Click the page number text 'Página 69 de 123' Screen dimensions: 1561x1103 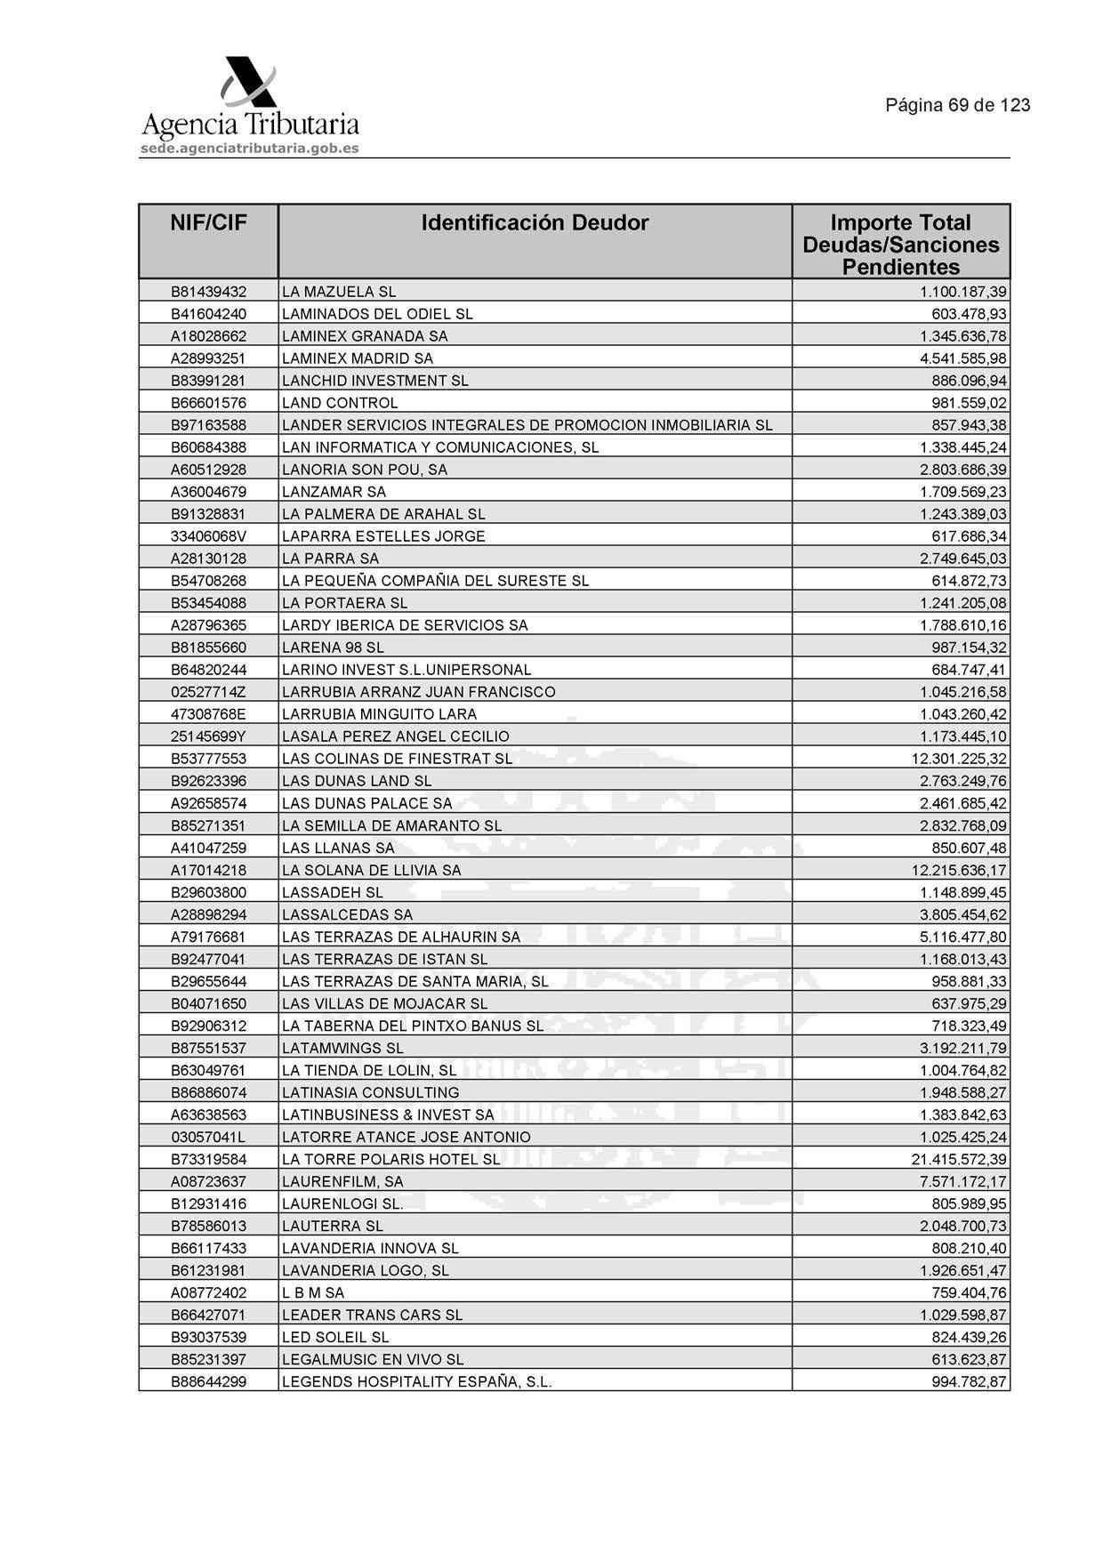[957, 105]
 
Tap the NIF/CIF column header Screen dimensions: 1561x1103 [208, 222]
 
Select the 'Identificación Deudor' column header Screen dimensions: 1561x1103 [535, 222]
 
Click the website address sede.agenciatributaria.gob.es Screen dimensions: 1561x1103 [249, 149]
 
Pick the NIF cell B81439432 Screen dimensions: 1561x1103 [208, 292]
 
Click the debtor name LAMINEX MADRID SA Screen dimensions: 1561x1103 [358, 358]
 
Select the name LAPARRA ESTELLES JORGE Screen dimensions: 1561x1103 [383, 536]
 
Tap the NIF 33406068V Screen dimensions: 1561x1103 [208, 536]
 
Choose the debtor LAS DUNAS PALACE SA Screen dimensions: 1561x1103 [366, 803]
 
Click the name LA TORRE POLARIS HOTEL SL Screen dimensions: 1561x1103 [390, 1159]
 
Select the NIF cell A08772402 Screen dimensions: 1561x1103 [208, 1292]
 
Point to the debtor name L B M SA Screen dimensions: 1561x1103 [313, 1292]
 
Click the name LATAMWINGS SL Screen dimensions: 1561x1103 [342, 1048]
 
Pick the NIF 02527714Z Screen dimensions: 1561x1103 [208, 692]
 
